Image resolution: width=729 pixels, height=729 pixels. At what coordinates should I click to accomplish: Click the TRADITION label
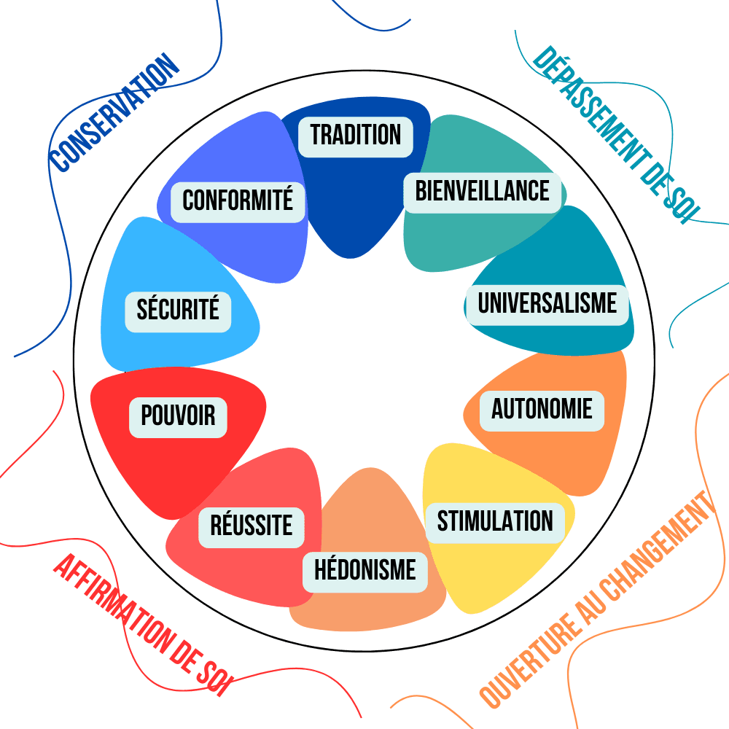(x=356, y=136)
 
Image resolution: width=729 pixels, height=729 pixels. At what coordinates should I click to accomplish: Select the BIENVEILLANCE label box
(x=483, y=192)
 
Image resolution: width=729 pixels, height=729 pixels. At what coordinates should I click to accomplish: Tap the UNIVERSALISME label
(x=547, y=303)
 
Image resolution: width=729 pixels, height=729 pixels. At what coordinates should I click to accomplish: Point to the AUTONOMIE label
(x=542, y=409)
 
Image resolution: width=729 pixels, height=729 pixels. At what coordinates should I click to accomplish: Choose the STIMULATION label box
(x=495, y=522)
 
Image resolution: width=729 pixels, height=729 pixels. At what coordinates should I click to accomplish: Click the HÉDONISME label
(x=365, y=569)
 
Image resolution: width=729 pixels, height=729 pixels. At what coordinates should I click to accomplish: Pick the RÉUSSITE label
(x=252, y=526)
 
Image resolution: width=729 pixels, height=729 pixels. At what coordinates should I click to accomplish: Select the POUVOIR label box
(x=178, y=416)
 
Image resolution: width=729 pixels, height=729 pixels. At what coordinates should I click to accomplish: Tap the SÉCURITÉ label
(x=178, y=311)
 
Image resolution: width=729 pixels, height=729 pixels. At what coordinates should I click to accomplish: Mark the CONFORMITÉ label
(x=238, y=200)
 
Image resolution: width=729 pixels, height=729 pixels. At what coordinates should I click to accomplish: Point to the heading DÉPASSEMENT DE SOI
(x=617, y=136)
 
